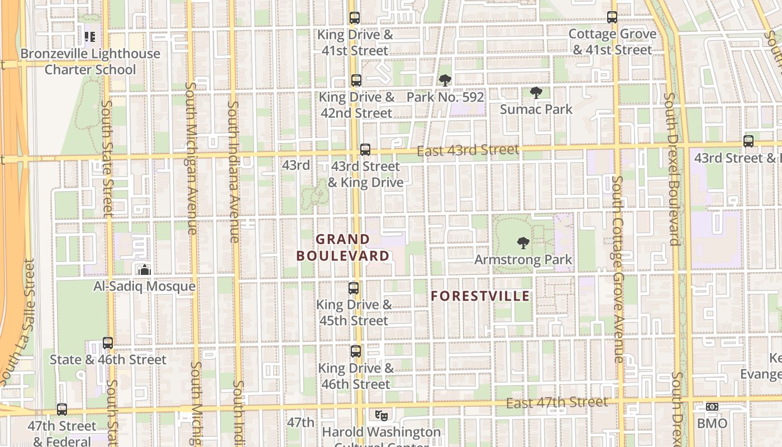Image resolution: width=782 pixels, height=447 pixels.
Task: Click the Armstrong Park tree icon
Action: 523,243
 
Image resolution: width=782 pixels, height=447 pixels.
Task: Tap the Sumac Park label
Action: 536,109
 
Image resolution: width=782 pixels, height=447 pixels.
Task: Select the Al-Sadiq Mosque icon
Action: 145,270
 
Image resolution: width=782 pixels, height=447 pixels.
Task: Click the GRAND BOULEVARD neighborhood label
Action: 343,248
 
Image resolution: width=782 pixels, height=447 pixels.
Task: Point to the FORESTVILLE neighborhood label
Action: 480,296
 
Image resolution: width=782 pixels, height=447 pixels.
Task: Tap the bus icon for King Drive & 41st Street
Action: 354,18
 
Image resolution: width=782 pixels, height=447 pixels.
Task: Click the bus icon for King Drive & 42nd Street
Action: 356,80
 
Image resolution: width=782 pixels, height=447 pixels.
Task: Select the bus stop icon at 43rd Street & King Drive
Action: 365,150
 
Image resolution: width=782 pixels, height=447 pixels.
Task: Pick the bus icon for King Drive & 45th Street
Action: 353,288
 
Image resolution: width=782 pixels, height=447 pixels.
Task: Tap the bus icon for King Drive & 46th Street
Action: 355,351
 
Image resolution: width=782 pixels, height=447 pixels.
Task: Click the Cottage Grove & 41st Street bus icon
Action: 612,18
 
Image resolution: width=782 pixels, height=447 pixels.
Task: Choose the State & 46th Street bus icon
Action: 108,343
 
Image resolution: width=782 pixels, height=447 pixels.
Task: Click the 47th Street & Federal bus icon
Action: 62,410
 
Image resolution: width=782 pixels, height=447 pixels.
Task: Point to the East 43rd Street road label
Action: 468,150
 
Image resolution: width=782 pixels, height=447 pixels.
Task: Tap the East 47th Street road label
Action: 556,403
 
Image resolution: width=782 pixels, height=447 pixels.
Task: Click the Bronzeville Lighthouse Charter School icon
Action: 89,37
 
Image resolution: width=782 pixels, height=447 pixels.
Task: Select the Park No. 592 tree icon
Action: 445,80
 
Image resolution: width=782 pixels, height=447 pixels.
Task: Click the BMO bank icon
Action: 712,407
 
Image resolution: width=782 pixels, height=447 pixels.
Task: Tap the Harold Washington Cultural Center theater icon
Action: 381,415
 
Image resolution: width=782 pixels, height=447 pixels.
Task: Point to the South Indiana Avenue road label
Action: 233,172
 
